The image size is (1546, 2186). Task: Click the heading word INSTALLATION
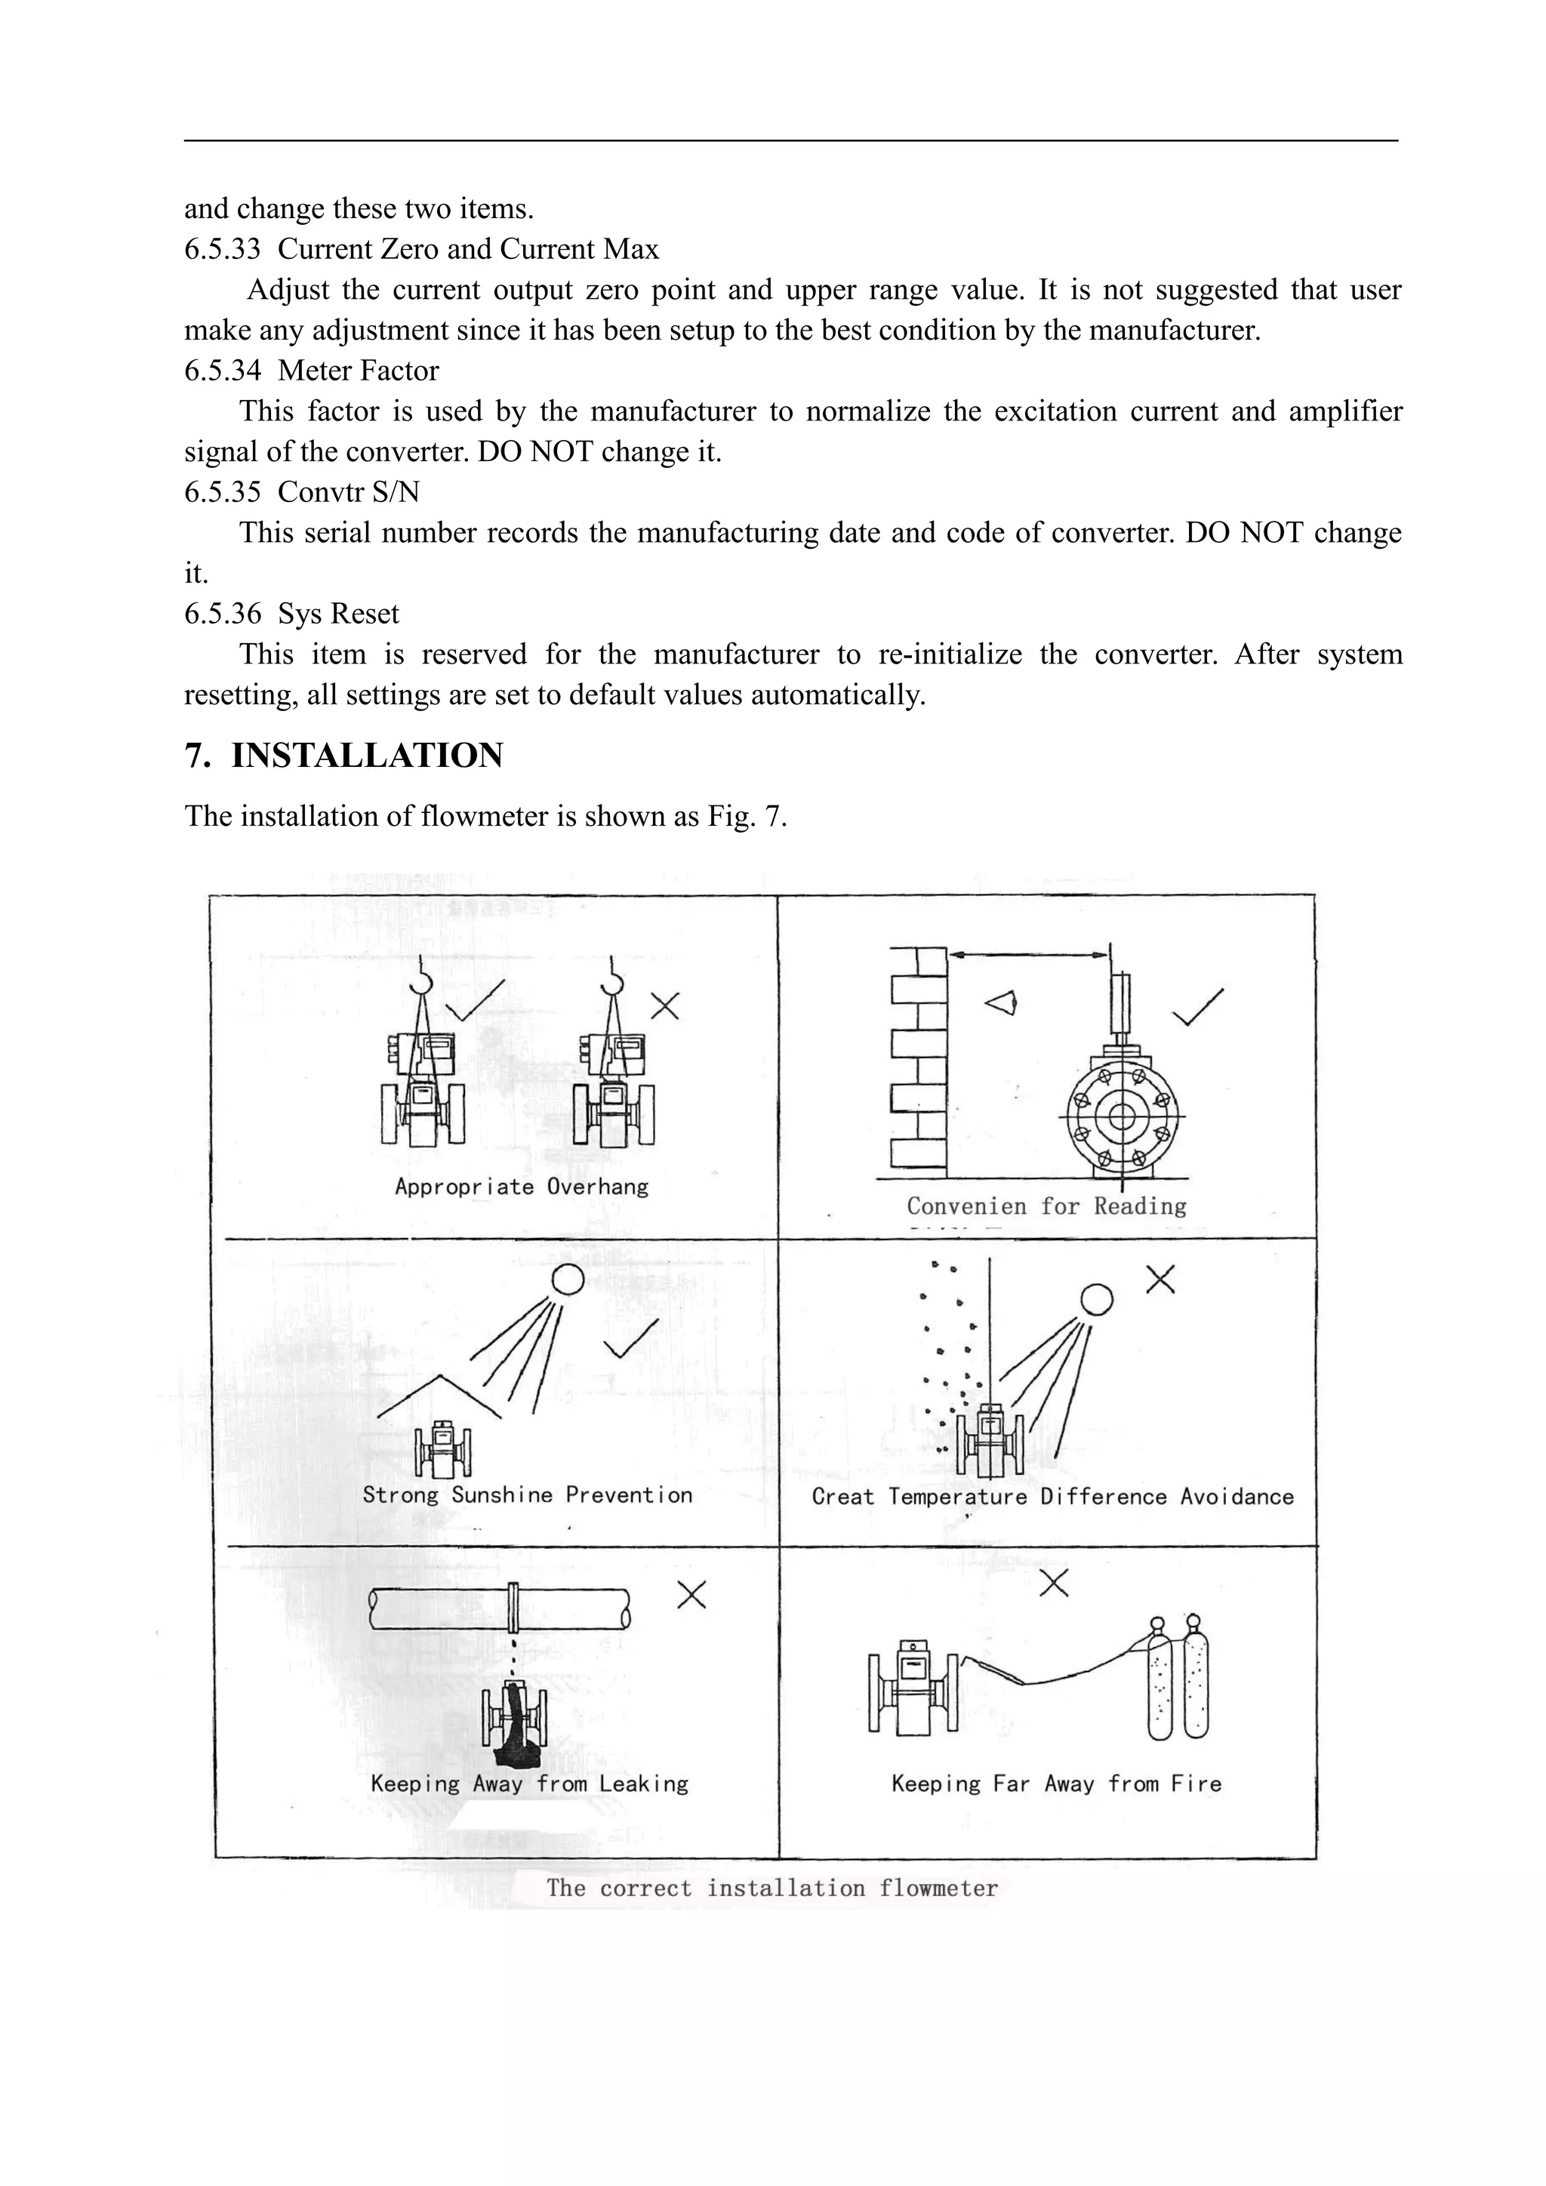[367, 755]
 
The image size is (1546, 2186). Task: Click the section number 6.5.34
[222, 371]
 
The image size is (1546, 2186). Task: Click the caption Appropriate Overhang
[521, 1187]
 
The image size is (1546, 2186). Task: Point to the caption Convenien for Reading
[1046, 1207]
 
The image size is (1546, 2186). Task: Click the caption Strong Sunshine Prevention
[528, 1495]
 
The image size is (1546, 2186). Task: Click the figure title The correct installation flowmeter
[772, 1888]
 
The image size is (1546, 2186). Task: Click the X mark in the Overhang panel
[664, 1005]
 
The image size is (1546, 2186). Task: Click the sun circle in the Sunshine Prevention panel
[568, 1279]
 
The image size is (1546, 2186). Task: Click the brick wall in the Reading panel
[919, 1057]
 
